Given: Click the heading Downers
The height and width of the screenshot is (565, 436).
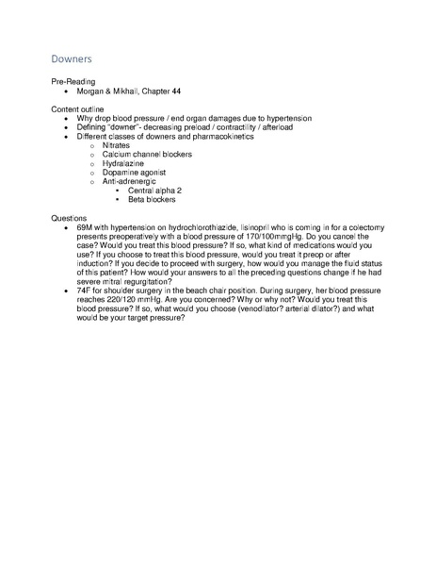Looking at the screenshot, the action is tap(72, 59).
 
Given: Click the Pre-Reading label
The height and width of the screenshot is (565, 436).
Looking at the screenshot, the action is tap(71, 84).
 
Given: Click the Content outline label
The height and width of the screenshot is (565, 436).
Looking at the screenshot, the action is tap(76, 110).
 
